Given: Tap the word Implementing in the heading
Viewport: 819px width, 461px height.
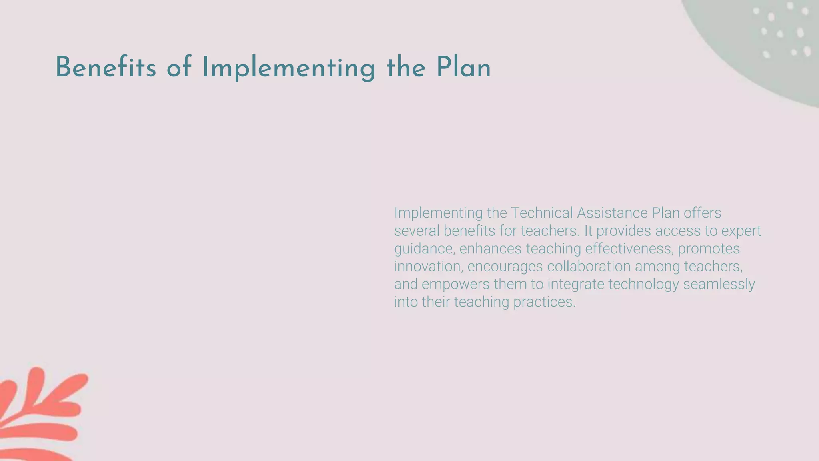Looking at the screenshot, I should (x=288, y=68).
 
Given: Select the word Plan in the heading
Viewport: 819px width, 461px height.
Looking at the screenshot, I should (x=463, y=68).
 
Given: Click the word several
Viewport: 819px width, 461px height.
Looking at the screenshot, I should (x=417, y=231).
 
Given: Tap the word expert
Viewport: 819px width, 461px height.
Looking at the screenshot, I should (x=739, y=231).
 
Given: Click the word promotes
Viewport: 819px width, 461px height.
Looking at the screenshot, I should (x=709, y=249).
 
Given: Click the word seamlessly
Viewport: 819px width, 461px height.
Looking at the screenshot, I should (x=719, y=284).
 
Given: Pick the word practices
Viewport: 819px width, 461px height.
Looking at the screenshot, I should (x=544, y=302).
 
